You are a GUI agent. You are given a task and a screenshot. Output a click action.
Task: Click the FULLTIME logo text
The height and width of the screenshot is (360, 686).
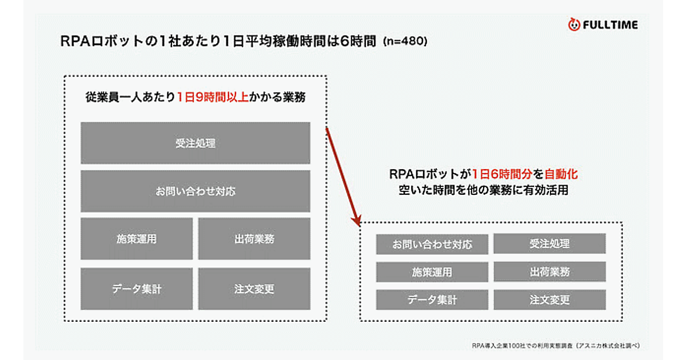(610, 25)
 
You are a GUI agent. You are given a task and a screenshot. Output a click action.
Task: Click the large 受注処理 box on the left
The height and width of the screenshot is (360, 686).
(196, 143)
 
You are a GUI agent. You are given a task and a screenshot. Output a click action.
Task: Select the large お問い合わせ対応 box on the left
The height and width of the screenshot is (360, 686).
(196, 191)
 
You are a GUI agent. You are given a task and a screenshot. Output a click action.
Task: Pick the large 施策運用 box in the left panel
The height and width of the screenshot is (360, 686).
(137, 239)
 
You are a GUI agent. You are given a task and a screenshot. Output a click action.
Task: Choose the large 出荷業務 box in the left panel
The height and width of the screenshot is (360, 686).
(254, 239)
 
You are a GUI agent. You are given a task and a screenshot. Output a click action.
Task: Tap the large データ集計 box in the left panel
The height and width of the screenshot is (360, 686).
(137, 289)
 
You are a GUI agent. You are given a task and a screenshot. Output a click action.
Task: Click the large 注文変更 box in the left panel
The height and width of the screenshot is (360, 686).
(254, 289)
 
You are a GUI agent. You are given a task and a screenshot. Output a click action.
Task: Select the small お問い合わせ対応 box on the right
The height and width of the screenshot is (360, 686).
(432, 244)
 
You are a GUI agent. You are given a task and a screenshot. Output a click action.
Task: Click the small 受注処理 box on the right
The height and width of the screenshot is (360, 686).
(549, 244)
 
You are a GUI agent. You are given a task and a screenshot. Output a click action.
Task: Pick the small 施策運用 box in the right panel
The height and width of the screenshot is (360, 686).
(432, 272)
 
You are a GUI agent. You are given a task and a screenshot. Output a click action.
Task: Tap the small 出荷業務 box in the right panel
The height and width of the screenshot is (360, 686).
(549, 272)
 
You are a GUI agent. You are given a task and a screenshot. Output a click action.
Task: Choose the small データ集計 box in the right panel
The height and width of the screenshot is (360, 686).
(432, 299)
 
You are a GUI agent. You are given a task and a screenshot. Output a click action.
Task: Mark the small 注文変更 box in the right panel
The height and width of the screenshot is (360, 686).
(549, 299)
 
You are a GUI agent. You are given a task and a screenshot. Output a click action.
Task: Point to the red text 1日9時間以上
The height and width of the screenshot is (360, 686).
(213, 98)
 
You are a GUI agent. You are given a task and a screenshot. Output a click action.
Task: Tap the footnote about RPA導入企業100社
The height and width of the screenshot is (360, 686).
(555, 345)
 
